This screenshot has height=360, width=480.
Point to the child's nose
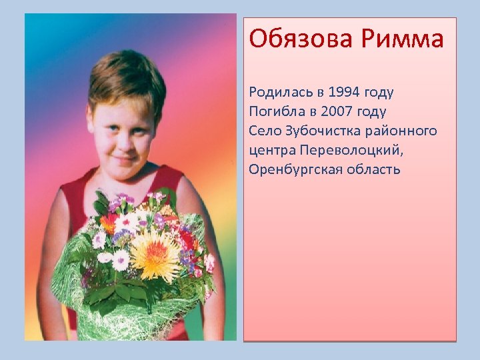pyautogui.click(x=123, y=141)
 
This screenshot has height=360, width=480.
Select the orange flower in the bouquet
pyautogui.click(x=107, y=223)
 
